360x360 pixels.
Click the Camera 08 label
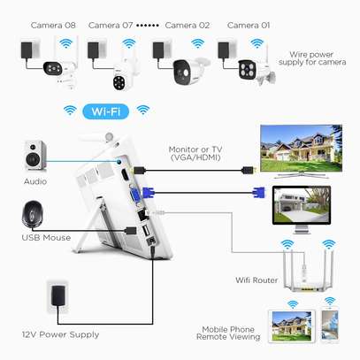click(x=53, y=26)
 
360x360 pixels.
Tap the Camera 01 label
click(x=249, y=26)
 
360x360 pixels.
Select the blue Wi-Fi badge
click(x=106, y=111)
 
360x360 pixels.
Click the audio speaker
click(x=35, y=156)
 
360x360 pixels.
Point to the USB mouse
click(x=33, y=214)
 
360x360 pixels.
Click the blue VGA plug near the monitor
click(x=259, y=193)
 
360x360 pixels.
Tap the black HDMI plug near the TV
click(x=248, y=170)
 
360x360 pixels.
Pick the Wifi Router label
click(x=257, y=280)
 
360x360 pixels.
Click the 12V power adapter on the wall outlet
click(x=57, y=295)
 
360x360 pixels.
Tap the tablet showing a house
click(x=291, y=326)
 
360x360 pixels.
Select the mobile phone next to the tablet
click(x=330, y=326)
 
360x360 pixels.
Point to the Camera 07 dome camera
click(x=121, y=75)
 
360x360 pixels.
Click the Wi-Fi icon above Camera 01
click(x=257, y=43)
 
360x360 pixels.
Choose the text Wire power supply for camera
click(x=312, y=58)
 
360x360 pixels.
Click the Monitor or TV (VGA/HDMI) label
click(x=195, y=154)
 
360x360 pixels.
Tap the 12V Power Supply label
click(x=60, y=334)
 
